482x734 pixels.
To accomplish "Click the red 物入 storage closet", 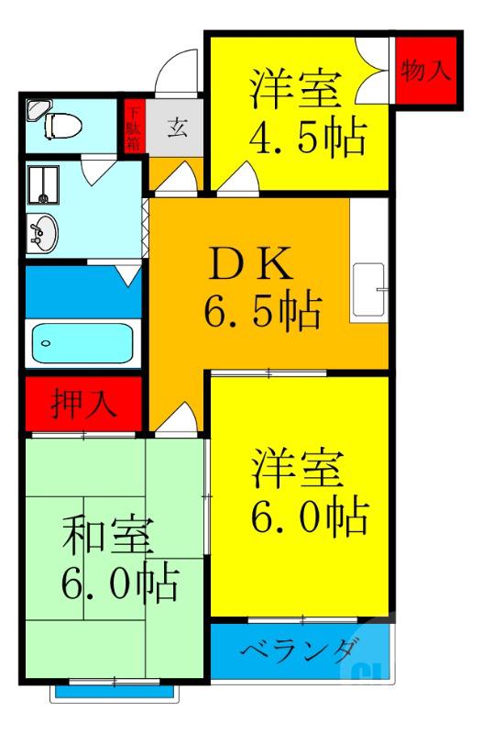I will click(426, 72).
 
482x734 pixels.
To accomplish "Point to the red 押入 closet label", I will click(83, 405).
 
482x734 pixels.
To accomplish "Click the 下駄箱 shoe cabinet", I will click(134, 128).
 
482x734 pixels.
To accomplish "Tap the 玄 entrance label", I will click(177, 128).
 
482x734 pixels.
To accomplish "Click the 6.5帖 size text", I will click(262, 312).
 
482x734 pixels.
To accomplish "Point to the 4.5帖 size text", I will click(307, 138).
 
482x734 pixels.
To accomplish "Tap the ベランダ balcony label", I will click(298, 652).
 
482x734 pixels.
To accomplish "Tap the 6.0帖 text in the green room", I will click(119, 584).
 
